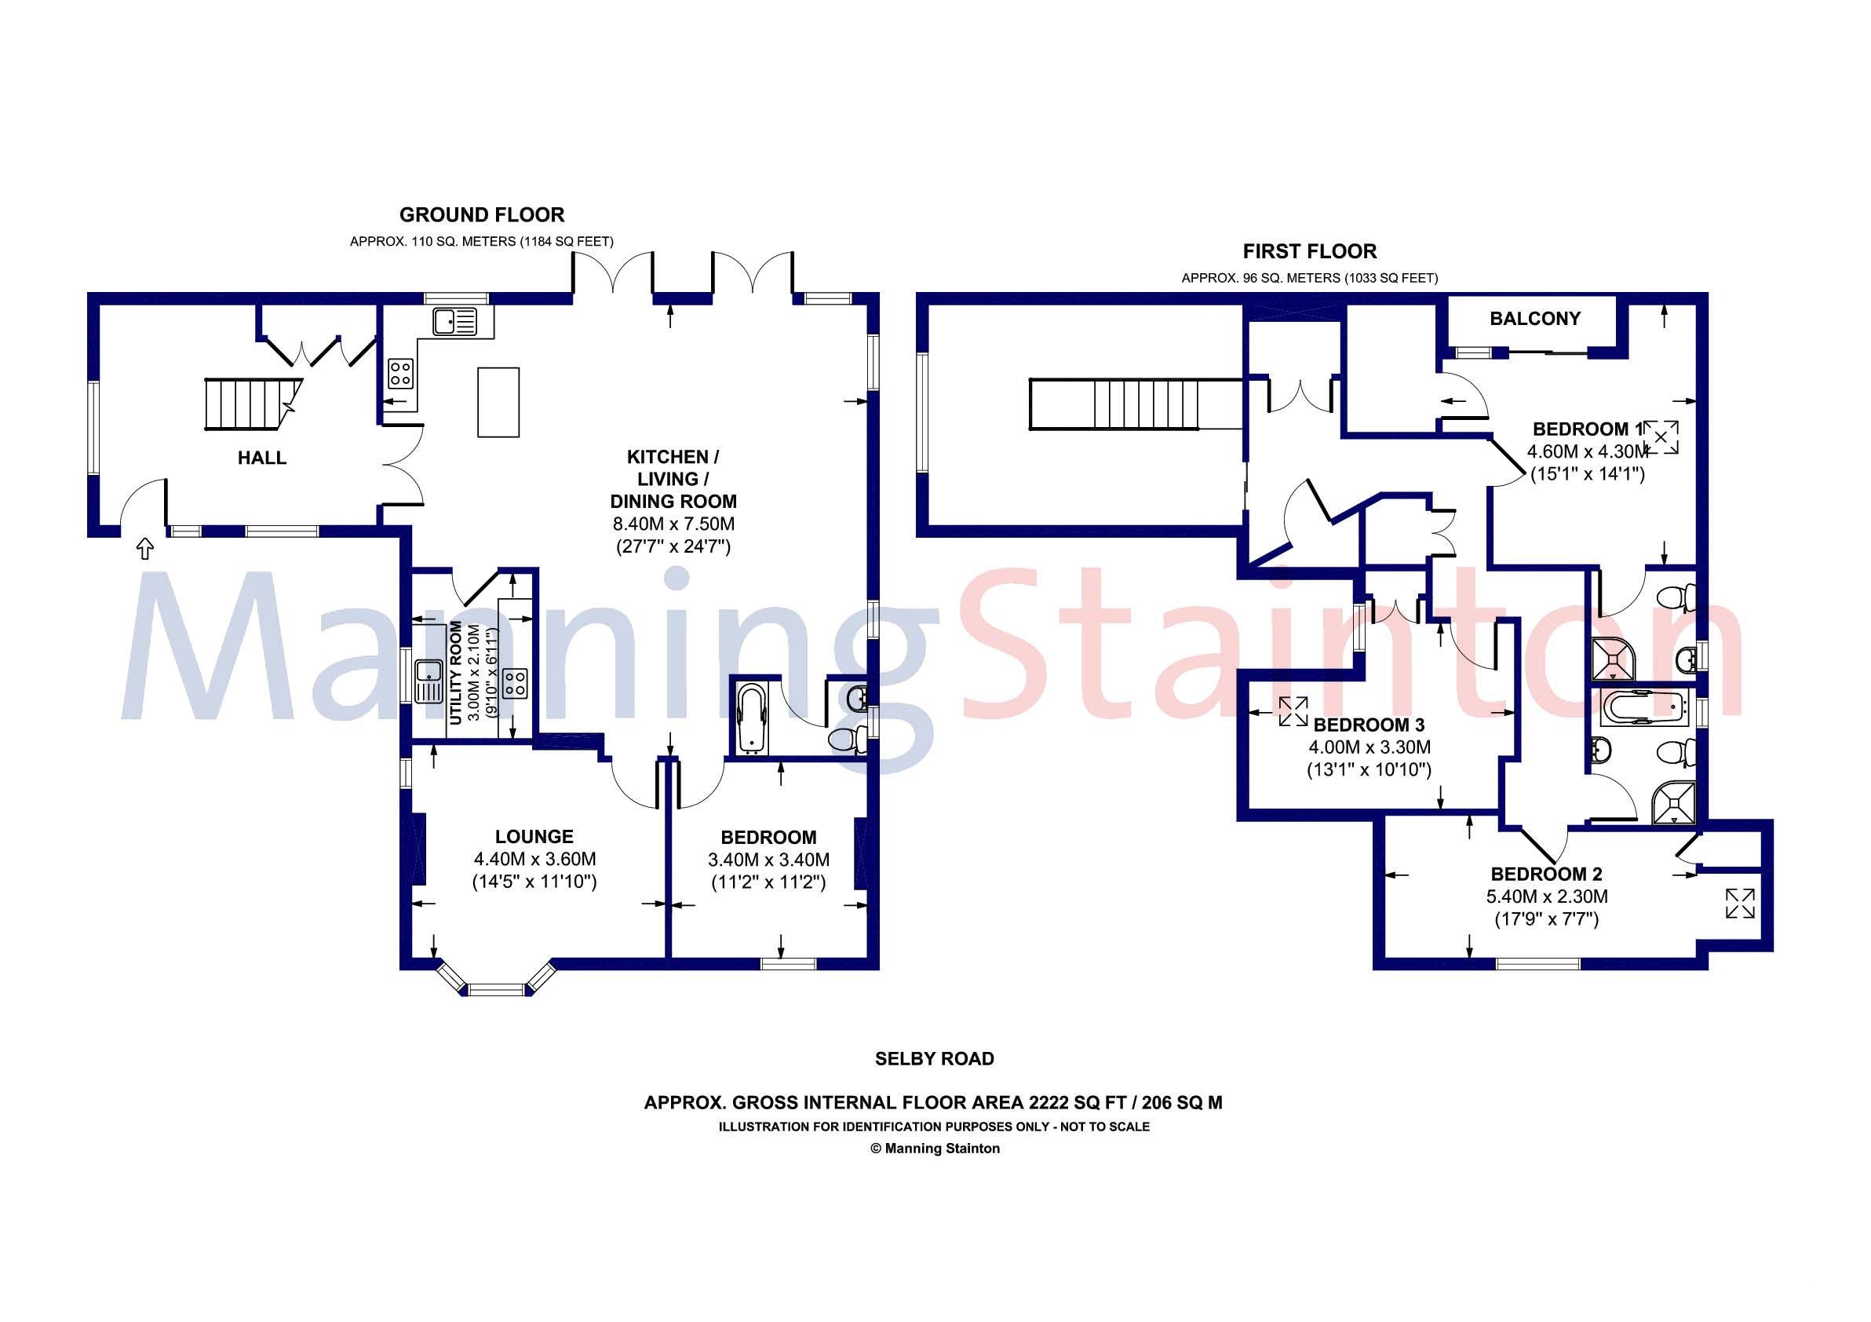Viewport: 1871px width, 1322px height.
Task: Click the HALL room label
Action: coord(261,458)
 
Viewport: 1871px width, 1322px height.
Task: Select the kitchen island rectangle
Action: coord(498,403)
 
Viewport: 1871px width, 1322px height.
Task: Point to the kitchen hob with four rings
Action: coord(400,374)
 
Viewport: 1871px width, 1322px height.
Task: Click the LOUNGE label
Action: coord(534,836)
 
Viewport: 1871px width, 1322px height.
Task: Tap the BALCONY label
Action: coord(1534,319)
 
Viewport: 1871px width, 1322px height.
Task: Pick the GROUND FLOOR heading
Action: coord(482,215)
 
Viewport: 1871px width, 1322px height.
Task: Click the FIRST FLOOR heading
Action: coord(1309,251)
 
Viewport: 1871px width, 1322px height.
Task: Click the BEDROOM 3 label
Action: coord(1368,725)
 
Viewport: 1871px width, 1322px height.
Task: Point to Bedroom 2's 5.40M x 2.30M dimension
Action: coord(1546,897)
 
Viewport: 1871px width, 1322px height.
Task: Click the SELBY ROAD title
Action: coord(934,1059)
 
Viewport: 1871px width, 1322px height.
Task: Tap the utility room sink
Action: coord(427,681)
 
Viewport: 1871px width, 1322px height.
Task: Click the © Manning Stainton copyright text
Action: coord(935,1149)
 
